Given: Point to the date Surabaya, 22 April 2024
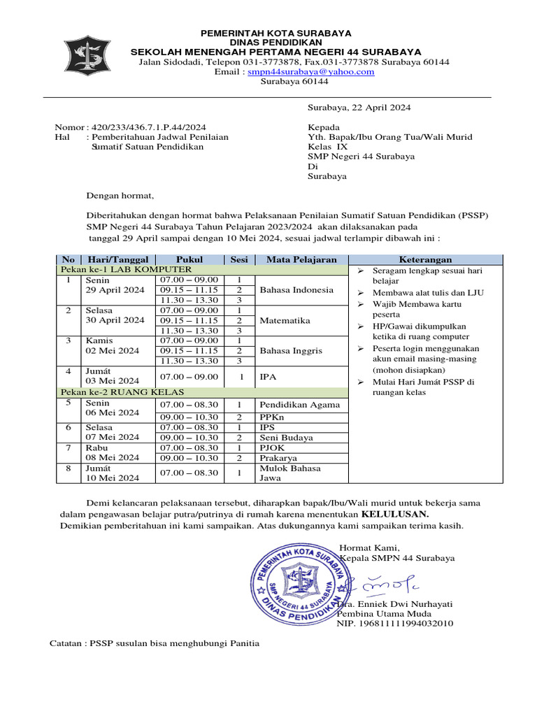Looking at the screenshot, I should point(359,108).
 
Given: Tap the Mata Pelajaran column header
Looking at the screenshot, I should point(301,259).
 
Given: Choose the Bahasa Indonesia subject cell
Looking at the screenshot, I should point(296,289).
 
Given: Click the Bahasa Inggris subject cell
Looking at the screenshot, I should point(291,350).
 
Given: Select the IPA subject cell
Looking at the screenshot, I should point(268,376).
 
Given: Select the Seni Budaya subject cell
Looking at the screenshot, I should point(286,438).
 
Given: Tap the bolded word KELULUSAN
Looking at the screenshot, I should point(395,514).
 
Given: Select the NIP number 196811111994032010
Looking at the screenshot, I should point(395,623).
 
